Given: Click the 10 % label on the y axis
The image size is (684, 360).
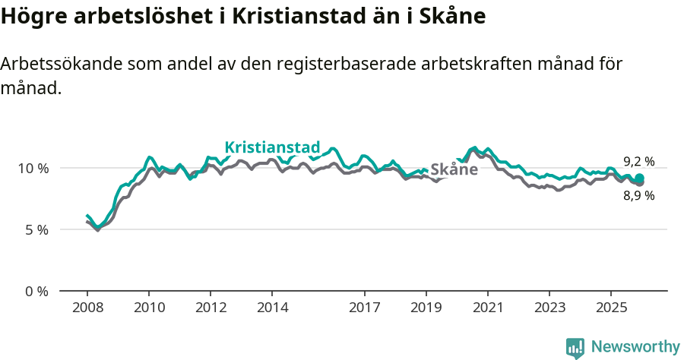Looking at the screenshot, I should (32, 168).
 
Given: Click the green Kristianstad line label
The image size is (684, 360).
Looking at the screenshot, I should (272, 147).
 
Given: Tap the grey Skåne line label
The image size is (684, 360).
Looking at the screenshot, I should (454, 169).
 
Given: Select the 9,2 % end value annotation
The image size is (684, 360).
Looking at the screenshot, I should (638, 161).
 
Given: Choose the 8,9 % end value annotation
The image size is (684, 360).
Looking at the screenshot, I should (638, 196).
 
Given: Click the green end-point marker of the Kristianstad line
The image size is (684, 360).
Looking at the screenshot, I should (640, 178).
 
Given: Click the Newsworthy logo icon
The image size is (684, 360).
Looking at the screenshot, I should (575, 348).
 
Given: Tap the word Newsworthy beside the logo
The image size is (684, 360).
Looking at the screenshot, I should (635, 347).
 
